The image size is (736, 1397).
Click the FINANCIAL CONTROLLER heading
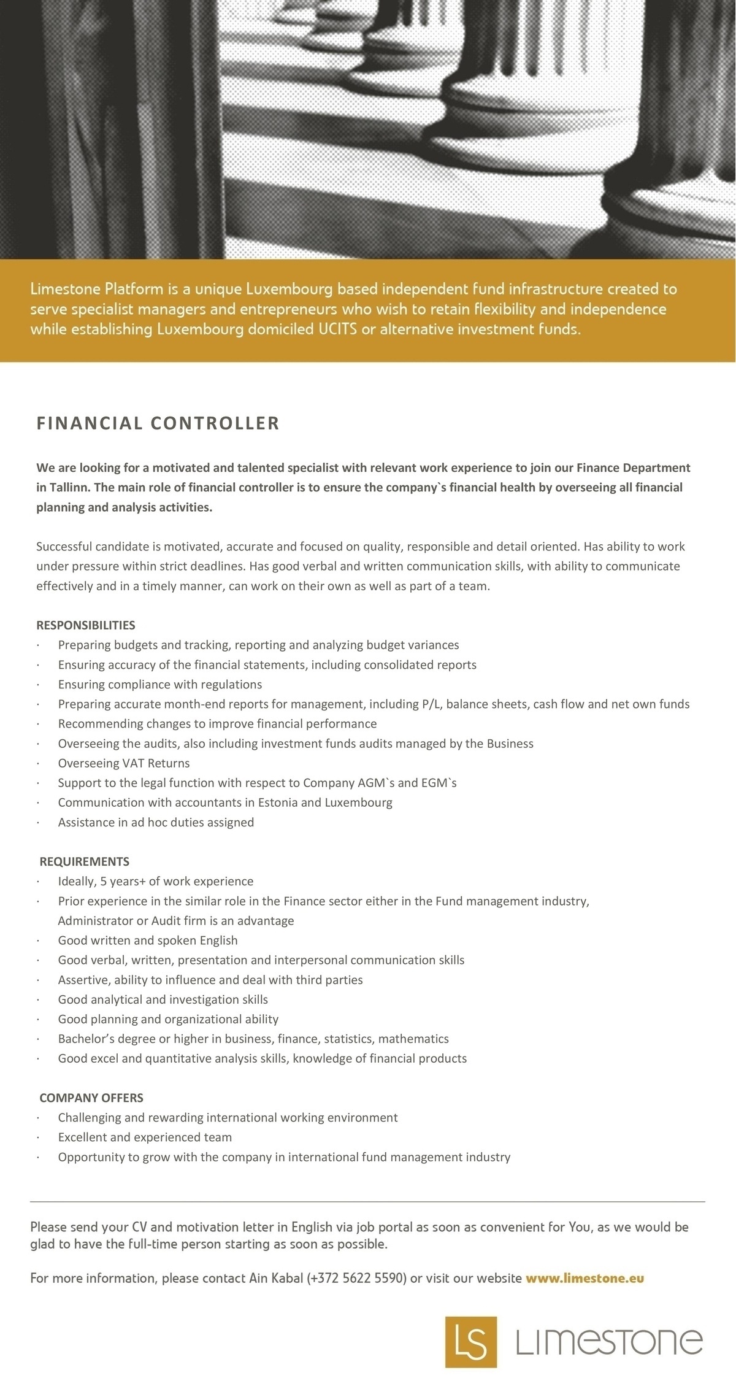coord(158,423)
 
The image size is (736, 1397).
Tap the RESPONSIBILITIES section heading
coord(86,625)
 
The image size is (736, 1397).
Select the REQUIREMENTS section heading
coord(85,861)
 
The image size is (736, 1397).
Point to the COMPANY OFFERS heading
coord(91,1098)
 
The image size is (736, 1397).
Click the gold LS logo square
coord(470,1341)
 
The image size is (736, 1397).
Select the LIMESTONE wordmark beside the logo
coord(609,1342)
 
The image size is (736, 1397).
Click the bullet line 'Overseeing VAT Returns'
coord(124,763)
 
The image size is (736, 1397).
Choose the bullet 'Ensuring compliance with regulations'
coord(160,684)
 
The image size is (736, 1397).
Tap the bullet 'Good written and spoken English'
coord(148,940)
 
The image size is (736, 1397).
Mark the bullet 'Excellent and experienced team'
coord(145,1137)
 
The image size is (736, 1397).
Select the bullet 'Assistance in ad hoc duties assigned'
coord(156,822)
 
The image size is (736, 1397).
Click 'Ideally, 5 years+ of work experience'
coord(156,881)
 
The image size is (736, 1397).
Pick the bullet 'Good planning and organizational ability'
coord(168,1019)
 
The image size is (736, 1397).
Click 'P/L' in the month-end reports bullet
coord(431,704)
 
